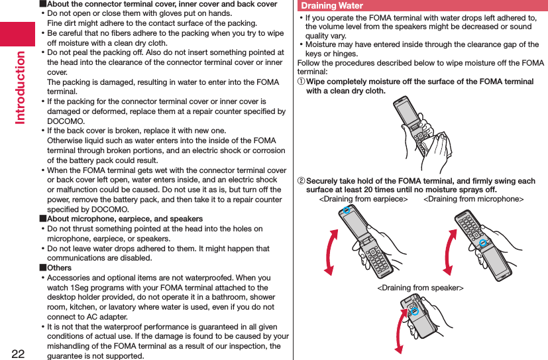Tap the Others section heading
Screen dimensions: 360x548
pos(59,268)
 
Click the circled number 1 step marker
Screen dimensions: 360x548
pos(301,82)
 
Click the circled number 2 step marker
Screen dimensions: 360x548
pos(301,181)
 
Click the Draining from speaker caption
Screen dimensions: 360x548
pos(420,288)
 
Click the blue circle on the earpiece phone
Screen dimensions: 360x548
pos(345,211)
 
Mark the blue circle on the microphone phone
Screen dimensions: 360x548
pos(483,243)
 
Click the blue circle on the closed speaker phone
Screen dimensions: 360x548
pos(413,310)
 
